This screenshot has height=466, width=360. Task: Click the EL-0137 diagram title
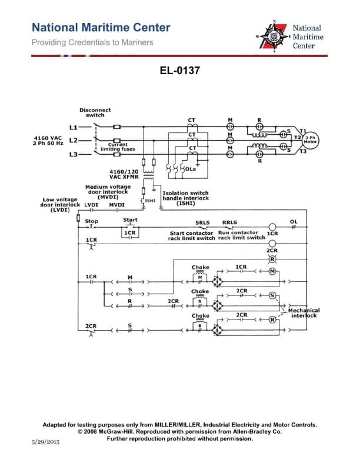(x=180, y=71)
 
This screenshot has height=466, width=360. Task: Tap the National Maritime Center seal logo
(x=274, y=36)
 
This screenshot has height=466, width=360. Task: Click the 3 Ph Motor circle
(x=311, y=140)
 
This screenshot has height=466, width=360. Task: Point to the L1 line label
(x=73, y=127)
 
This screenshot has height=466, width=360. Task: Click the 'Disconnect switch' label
(x=95, y=112)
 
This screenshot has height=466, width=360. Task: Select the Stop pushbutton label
(x=92, y=221)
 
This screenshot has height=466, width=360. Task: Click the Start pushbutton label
(x=130, y=220)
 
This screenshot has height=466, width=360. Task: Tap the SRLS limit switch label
(x=202, y=223)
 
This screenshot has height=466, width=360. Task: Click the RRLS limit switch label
(x=229, y=223)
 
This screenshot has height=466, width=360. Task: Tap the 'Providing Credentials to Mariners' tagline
(x=92, y=42)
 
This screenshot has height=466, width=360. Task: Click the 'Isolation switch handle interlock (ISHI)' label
(x=185, y=198)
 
